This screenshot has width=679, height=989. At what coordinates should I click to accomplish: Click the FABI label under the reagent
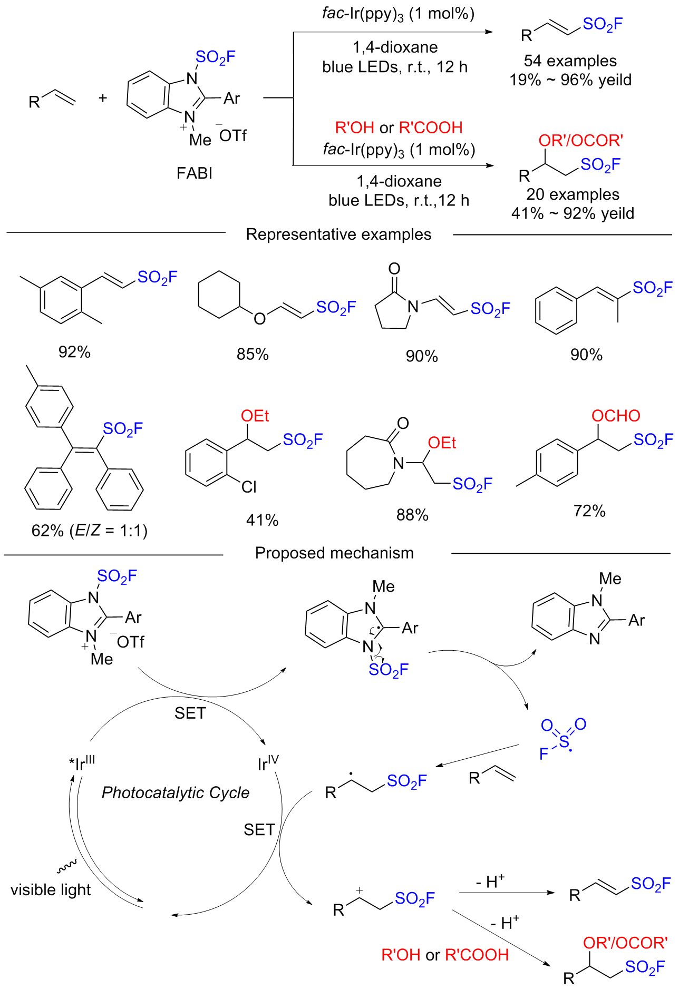click(195, 173)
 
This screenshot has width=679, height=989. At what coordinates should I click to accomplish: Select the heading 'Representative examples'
click(338, 234)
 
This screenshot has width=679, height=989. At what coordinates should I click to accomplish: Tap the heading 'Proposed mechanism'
click(334, 553)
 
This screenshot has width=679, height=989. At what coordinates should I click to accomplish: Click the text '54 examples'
click(570, 61)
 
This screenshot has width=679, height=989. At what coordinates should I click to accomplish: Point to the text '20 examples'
click(573, 194)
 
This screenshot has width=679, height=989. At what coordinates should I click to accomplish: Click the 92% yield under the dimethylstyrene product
click(74, 352)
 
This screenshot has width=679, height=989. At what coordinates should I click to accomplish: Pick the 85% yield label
click(253, 355)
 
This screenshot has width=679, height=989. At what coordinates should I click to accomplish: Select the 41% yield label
click(262, 521)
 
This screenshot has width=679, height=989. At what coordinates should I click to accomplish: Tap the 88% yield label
click(412, 515)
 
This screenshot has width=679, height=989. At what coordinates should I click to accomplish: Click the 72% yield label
click(589, 511)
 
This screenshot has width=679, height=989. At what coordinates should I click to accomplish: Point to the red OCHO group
click(616, 416)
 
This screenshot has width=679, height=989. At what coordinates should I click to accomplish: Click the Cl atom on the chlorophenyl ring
click(249, 487)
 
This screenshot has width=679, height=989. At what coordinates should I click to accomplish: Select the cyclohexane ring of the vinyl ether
click(219, 295)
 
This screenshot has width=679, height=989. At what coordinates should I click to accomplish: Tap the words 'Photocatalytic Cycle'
click(176, 793)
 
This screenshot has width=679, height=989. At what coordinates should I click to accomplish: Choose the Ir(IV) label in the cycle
click(268, 762)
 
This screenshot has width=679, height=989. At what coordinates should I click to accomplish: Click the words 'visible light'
click(51, 890)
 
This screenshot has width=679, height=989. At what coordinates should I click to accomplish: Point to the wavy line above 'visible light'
click(67, 865)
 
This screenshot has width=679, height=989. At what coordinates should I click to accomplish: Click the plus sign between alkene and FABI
click(103, 97)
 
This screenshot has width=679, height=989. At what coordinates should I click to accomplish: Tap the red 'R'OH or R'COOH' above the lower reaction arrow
click(399, 128)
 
